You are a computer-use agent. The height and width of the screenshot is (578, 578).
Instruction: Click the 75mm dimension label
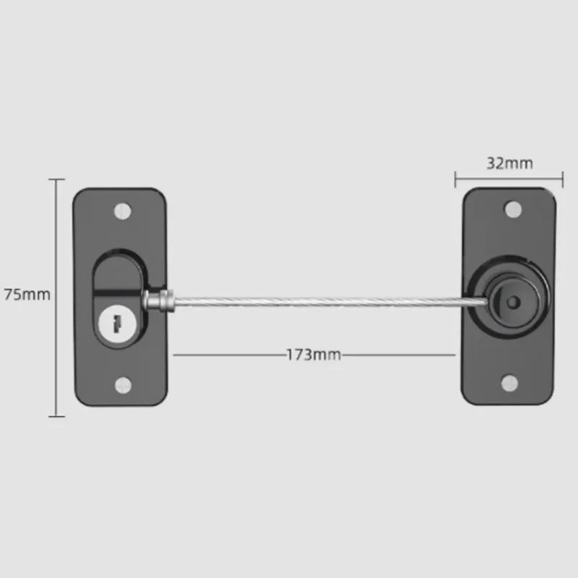[27, 295]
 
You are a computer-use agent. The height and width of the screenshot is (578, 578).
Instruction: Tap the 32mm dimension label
[510, 163]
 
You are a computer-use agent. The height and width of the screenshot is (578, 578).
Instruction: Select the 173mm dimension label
[314, 355]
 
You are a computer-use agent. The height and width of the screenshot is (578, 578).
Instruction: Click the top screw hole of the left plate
[123, 212]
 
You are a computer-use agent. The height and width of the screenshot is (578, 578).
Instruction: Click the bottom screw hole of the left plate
[123, 385]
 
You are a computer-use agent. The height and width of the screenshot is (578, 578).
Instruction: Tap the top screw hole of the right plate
[513, 210]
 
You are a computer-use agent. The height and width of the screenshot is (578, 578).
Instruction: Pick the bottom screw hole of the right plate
[510, 384]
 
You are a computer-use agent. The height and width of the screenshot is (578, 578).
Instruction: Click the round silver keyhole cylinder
[118, 324]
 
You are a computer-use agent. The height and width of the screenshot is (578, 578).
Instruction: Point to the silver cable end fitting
[158, 300]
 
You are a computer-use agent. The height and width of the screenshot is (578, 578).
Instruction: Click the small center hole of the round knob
[513, 303]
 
